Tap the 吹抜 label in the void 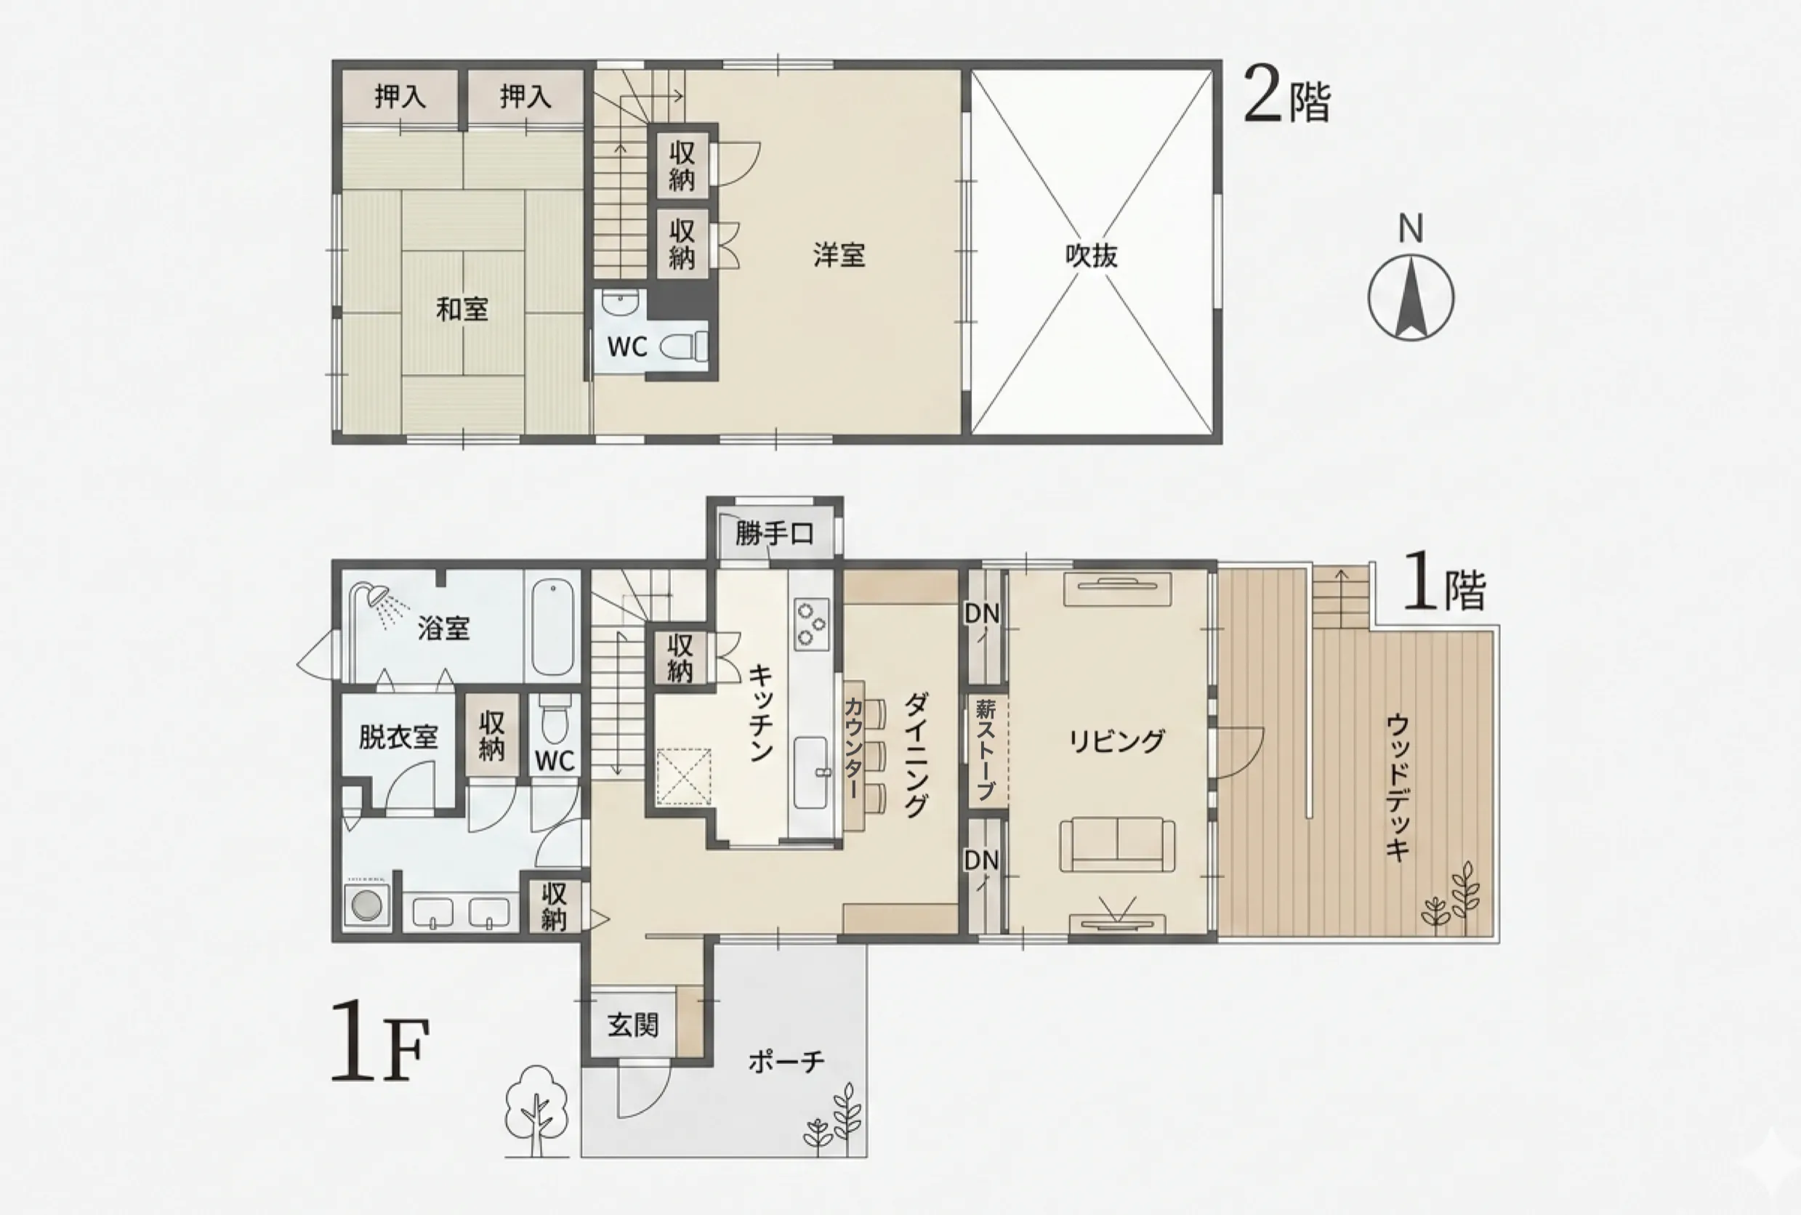pos(1091,256)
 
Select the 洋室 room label pos(839,255)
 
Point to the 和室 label pos(462,309)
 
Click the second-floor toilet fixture pos(685,347)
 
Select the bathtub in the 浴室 pos(552,629)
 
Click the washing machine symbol pos(366,904)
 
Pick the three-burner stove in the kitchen pos(811,623)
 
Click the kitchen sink pos(810,772)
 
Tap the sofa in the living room pos(1116,844)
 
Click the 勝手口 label pos(774,534)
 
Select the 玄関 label pos(633,1025)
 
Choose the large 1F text pos(379,1041)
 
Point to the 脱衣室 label pos(398,736)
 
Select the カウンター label pos(853,748)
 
